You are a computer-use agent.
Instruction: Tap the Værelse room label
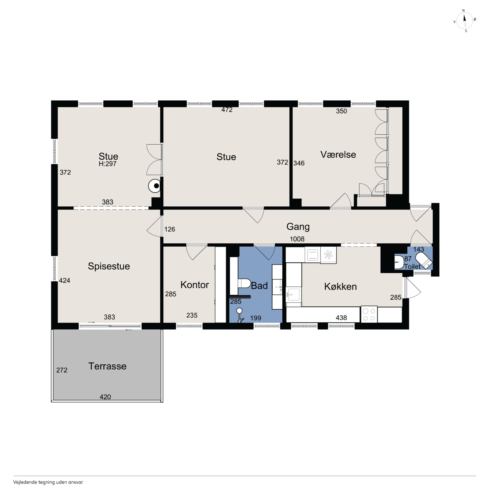pyautogui.click(x=338, y=154)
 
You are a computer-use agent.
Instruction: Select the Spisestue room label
pyautogui.click(x=109, y=266)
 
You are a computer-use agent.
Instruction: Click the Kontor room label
pyautogui.click(x=194, y=285)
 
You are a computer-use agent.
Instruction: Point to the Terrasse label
pyautogui.click(x=107, y=366)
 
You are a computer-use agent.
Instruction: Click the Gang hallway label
pyautogui.click(x=298, y=227)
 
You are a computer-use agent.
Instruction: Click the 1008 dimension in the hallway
pyautogui.click(x=297, y=239)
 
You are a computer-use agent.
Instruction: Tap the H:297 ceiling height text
pyautogui.click(x=108, y=164)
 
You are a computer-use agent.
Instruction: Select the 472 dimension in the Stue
pyautogui.click(x=227, y=110)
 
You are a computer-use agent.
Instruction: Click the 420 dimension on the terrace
pyautogui.click(x=105, y=397)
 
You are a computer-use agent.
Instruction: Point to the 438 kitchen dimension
pyautogui.click(x=341, y=318)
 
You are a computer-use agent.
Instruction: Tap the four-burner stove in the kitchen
pyautogui.click(x=369, y=315)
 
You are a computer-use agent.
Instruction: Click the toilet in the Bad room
pyautogui.click(x=244, y=283)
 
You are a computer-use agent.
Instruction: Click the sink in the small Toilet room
pyautogui.click(x=399, y=262)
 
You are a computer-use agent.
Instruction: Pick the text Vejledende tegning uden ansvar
pyautogui.click(x=48, y=482)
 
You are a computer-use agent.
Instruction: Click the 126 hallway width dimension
pyautogui.click(x=170, y=229)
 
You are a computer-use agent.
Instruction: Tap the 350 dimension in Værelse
pyautogui.click(x=341, y=111)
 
